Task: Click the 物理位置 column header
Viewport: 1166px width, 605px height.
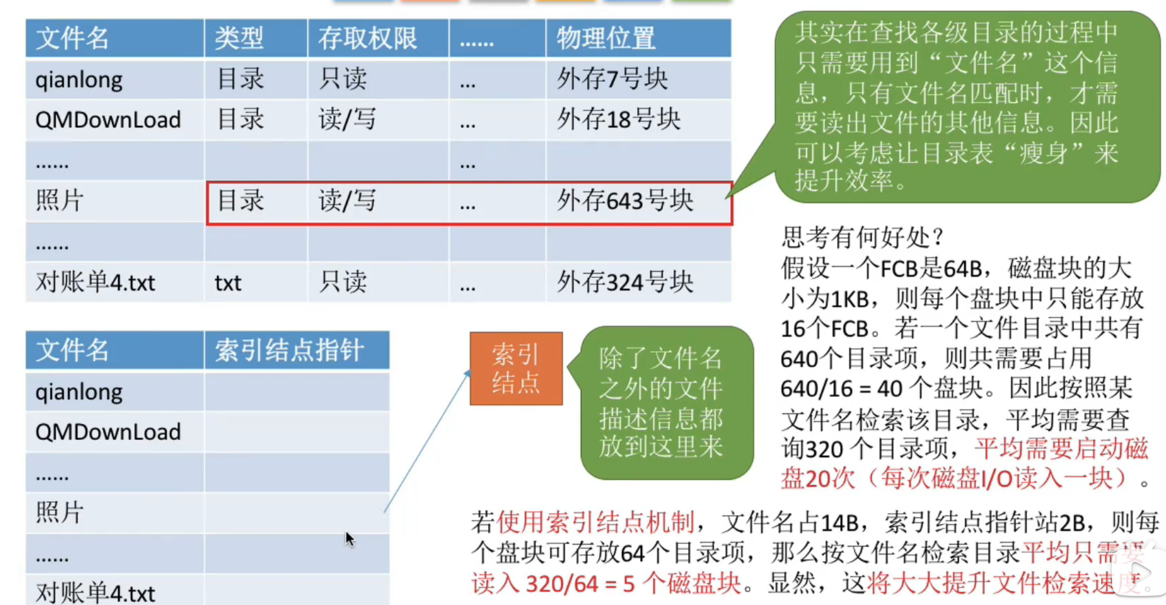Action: (x=606, y=38)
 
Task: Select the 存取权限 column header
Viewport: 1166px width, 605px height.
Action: (x=368, y=38)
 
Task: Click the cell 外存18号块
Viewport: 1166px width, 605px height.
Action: (x=619, y=119)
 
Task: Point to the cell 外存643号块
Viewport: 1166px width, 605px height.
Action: (x=625, y=201)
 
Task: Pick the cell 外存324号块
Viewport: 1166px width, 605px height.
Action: (x=625, y=282)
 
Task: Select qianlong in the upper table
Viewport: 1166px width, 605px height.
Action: (x=79, y=80)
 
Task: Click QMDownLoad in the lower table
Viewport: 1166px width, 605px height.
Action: (x=108, y=432)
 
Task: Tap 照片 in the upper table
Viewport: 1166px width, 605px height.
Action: (x=60, y=201)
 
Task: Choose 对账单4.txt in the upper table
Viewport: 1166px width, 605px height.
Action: (x=96, y=282)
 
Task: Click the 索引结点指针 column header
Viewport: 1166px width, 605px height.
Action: (x=290, y=350)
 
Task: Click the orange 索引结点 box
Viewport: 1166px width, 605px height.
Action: (x=516, y=368)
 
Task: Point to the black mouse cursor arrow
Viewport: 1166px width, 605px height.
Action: (x=349, y=539)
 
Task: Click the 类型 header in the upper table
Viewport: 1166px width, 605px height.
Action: (x=239, y=38)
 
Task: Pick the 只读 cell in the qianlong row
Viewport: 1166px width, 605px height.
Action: (x=343, y=79)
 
